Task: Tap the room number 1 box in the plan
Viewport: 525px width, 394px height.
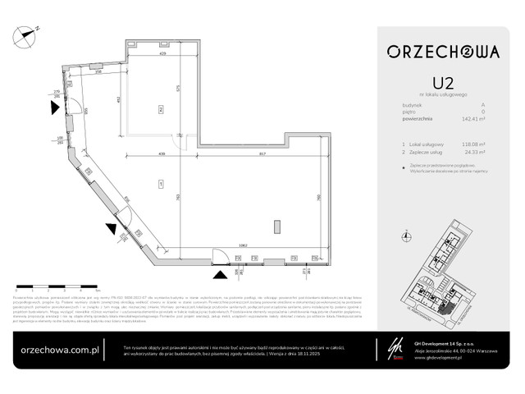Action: click(162, 182)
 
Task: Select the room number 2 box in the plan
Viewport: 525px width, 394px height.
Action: click(162, 108)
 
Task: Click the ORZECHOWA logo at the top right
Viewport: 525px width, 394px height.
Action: click(443, 52)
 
